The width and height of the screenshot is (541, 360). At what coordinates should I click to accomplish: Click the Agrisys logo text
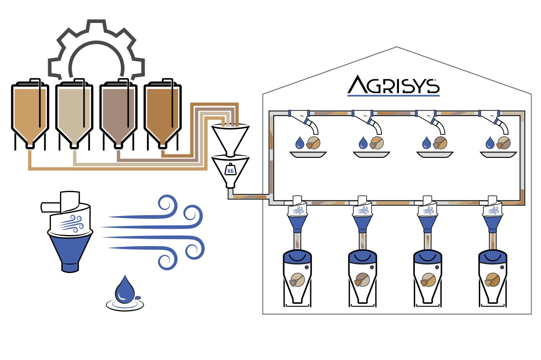pyautogui.click(x=393, y=86)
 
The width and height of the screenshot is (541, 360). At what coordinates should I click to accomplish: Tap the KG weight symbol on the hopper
pyautogui.click(x=230, y=170)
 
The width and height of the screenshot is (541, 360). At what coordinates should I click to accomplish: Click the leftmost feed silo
pyautogui.click(x=30, y=113)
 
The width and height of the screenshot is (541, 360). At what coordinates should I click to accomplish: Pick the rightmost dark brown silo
pyautogui.click(x=162, y=113)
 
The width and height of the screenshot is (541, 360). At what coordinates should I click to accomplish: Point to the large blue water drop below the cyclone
pyautogui.click(x=124, y=289)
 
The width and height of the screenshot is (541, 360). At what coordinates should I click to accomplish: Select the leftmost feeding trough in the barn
pyautogui.click(x=308, y=154)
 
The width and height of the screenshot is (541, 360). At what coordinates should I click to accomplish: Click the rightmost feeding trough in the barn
pyautogui.click(x=498, y=154)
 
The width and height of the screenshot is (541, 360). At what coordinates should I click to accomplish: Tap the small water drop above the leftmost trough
pyautogui.click(x=299, y=143)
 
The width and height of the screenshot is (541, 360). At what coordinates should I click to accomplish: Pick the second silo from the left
pyautogui.click(x=74, y=113)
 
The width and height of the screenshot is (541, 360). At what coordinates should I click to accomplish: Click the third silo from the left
pyautogui.click(x=118, y=113)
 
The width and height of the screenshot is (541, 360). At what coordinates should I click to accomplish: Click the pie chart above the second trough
pyautogui.click(x=376, y=143)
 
